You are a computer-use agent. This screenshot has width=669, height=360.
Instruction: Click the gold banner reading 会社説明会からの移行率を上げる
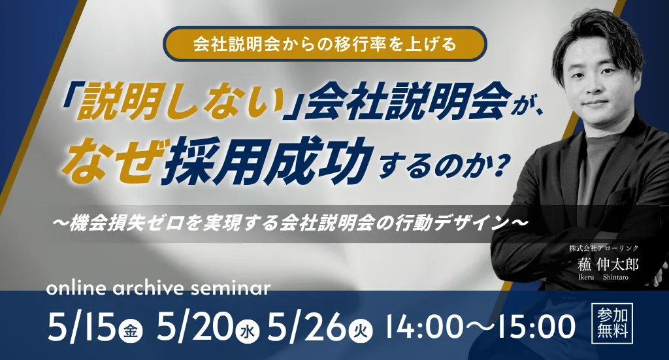(325, 44)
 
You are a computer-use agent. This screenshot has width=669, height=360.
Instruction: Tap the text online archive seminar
(158, 288)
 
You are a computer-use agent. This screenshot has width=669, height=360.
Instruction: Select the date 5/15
(82, 327)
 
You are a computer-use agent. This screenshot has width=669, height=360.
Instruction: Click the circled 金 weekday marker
(131, 331)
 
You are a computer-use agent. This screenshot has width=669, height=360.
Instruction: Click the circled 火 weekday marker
(361, 331)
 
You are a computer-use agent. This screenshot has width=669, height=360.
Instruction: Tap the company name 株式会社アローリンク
(603, 248)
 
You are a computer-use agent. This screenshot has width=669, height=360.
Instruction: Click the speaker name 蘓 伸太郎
(608, 265)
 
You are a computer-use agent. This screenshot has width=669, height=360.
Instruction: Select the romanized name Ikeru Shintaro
(603, 277)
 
